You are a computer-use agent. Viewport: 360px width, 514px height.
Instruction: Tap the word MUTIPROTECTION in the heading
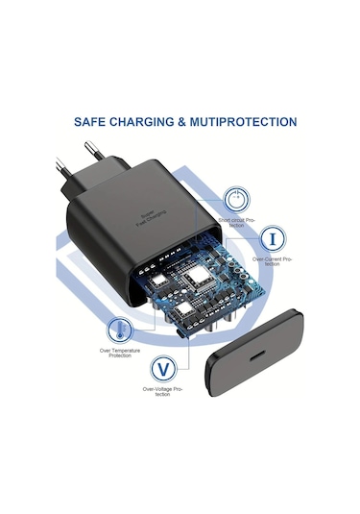pos(245,123)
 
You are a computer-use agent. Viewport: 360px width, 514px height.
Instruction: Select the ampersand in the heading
pos(192,123)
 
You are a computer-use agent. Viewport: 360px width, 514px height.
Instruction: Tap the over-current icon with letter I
pos(275,237)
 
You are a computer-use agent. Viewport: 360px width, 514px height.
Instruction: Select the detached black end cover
pos(257,336)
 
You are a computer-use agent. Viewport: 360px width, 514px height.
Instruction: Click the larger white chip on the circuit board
pos(201,280)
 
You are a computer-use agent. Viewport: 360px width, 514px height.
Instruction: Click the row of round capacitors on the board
pos(237,288)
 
